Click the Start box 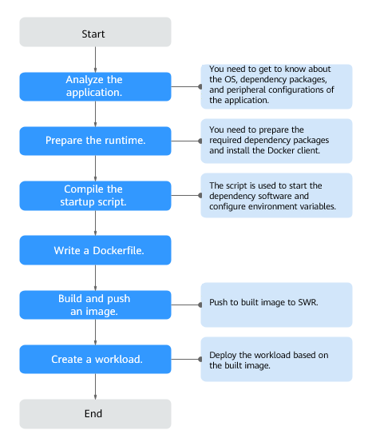pos(94,34)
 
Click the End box pos(94,413)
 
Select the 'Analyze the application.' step pos(94,86)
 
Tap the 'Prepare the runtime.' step pos(94,141)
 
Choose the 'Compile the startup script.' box pos(94,195)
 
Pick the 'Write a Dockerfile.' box pos(94,250)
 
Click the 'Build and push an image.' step pos(94,305)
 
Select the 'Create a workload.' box pos(94,359)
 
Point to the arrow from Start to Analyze pos(95,60)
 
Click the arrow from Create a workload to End pos(95,386)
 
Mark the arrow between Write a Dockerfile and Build pos(95,277)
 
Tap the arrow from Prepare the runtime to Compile pos(95,168)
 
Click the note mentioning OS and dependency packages pos(275,86)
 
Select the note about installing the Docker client pos(275,141)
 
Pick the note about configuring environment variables pos(275,195)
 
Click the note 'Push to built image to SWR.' pos(275,305)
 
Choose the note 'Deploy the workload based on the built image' pos(275,359)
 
